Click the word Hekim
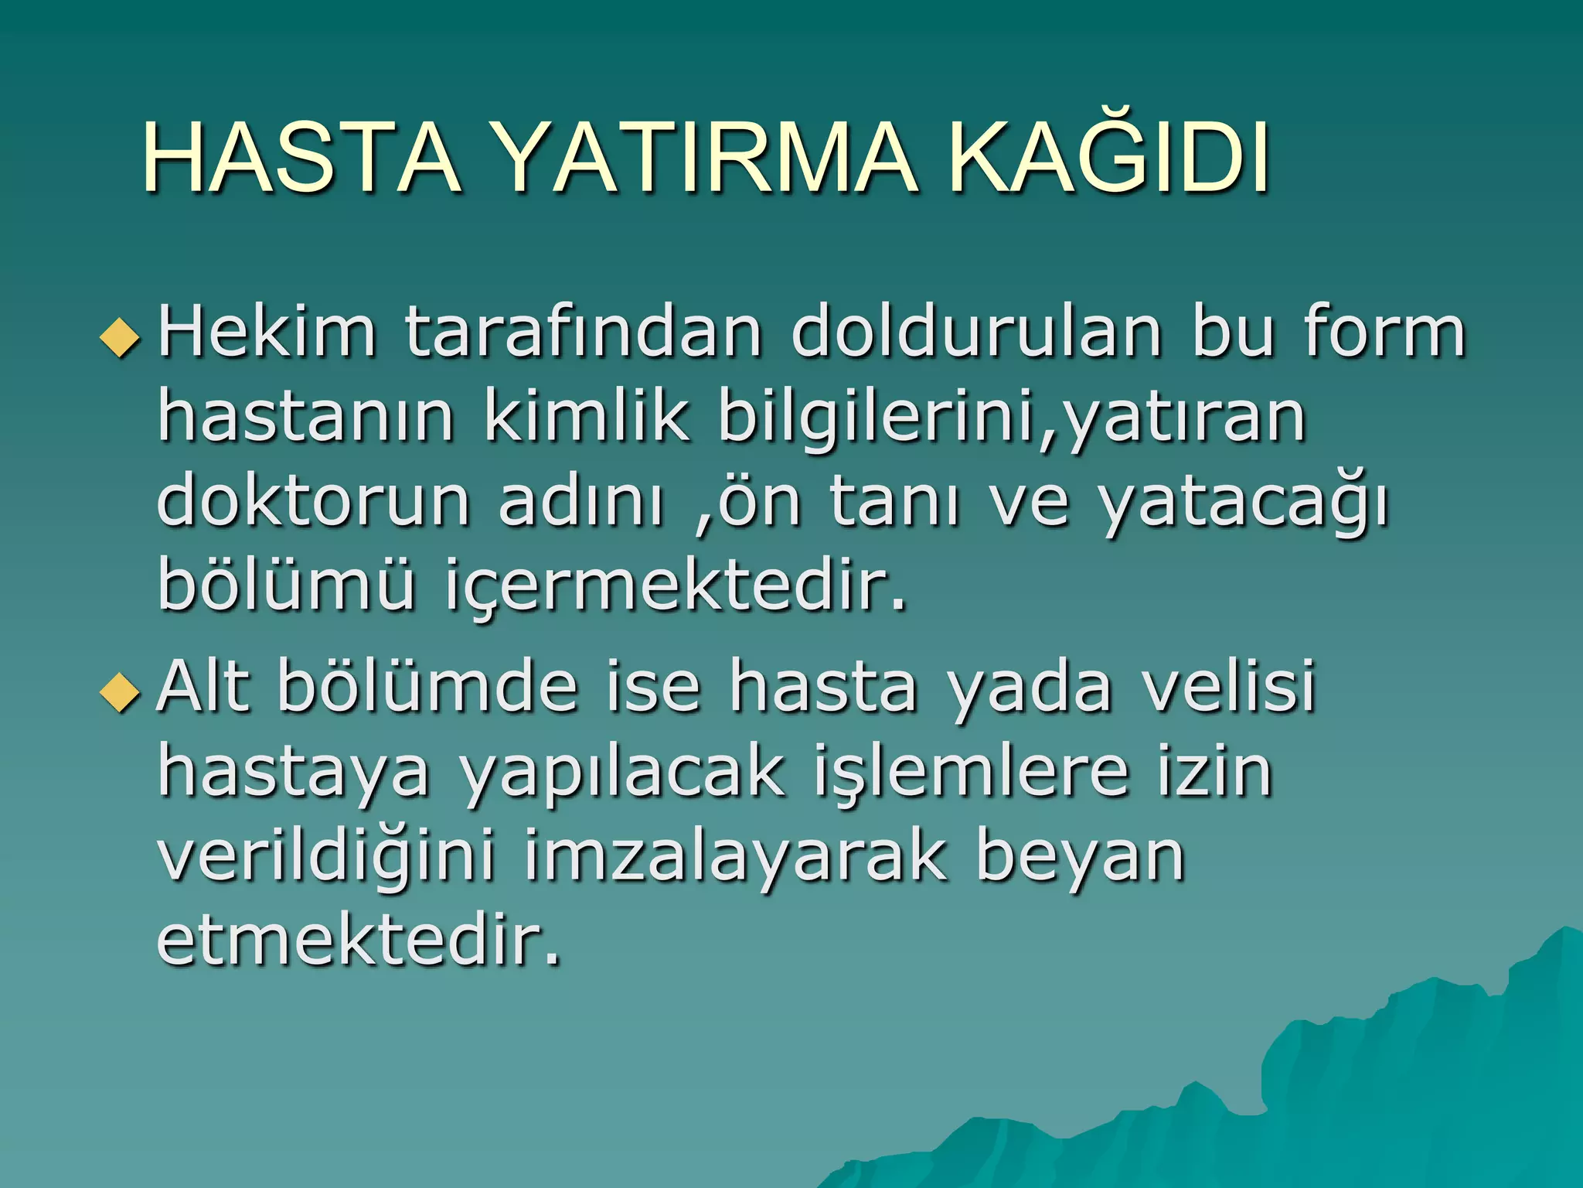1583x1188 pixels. [x=267, y=333]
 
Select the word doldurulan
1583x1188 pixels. [x=976, y=333]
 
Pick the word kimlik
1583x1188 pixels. [x=586, y=418]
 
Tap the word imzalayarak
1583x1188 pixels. [x=734, y=859]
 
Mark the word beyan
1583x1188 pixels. [x=1080, y=859]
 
